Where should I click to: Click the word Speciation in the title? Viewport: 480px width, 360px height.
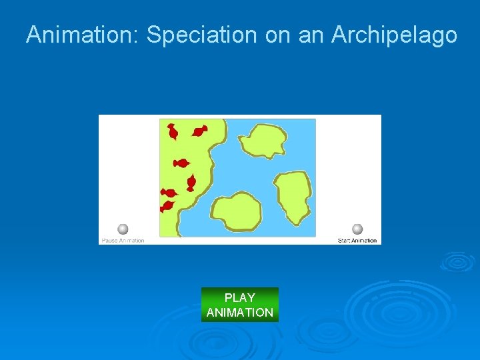(201, 35)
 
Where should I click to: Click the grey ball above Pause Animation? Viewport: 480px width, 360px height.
(123, 229)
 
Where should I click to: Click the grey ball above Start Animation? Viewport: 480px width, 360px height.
(357, 229)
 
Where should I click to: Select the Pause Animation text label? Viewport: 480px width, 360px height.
(123, 241)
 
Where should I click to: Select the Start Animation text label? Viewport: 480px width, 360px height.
(357, 241)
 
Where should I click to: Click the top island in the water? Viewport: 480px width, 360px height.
(264, 142)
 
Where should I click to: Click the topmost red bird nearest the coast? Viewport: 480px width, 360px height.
(199, 131)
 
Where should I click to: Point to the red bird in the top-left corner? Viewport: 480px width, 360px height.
(172, 132)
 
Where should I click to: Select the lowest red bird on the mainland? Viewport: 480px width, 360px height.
(167, 206)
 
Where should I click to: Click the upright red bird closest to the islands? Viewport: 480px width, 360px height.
(191, 182)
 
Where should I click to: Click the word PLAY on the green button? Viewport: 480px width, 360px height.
(240, 298)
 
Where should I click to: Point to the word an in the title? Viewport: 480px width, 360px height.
(310, 35)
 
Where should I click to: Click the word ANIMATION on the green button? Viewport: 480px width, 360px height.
(240, 312)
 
